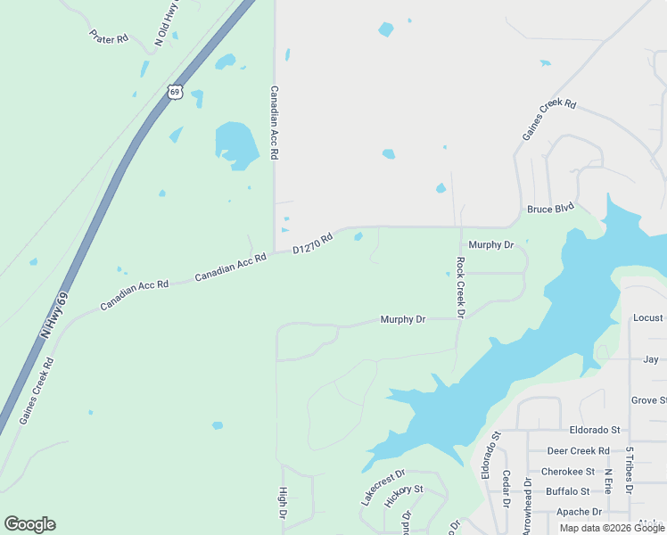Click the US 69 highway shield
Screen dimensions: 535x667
tap(175, 92)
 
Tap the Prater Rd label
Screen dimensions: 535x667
tap(109, 37)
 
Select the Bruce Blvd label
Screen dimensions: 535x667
tap(550, 209)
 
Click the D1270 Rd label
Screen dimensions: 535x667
tap(313, 243)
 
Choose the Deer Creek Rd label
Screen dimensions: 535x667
tap(578, 451)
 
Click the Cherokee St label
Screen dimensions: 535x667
tap(568, 472)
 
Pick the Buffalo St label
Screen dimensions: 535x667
tap(567, 491)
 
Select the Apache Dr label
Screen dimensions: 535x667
tap(579, 512)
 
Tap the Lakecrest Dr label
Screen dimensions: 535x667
tap(383, 488)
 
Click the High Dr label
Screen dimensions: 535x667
tap(283, 504)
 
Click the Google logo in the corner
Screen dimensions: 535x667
tap(29, 524)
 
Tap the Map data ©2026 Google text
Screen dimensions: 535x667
tap(612, 528)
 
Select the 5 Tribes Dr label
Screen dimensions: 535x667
tap(629, 470)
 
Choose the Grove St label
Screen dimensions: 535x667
tap(648, 401)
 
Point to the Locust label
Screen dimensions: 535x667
tap(647, 317)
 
